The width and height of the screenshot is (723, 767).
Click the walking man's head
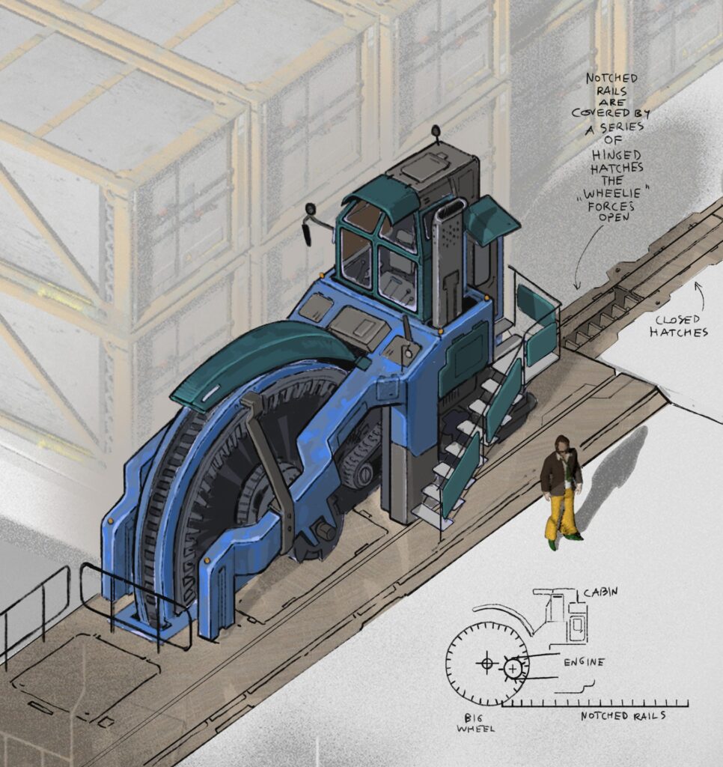(563, 446)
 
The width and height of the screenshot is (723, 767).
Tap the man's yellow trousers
(560, 515)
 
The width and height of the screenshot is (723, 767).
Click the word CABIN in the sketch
(600, 592)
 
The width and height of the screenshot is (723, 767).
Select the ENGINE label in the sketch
(584, 662)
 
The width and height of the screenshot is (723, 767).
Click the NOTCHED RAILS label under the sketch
(623, 716)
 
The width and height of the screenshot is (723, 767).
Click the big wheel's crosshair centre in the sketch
(486, 663)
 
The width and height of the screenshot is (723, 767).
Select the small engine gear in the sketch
(513, 667)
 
